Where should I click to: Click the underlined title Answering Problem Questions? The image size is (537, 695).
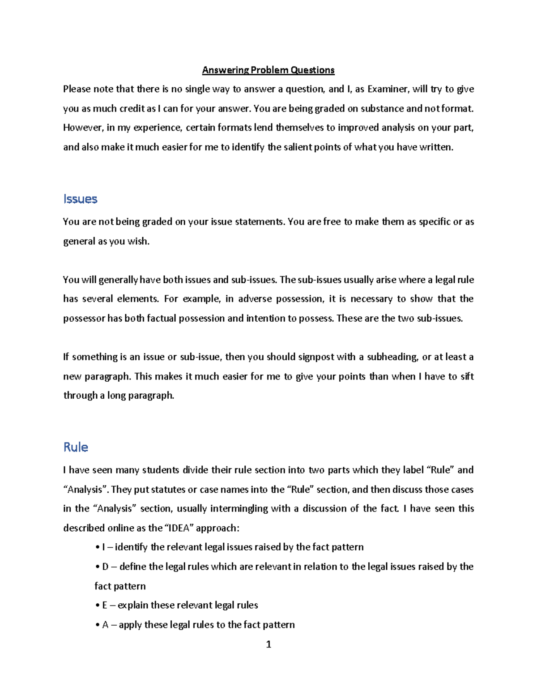268,70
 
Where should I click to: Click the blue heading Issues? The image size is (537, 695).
80,199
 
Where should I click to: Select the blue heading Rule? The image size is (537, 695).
76,447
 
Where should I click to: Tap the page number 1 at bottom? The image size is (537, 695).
268,644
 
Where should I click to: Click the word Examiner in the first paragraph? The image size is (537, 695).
388,89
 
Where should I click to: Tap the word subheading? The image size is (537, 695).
392,357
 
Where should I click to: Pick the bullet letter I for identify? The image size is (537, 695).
103,547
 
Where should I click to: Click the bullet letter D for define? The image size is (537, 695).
105,567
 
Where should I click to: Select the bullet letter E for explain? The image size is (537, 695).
105,605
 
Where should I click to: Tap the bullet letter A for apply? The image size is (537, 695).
105,625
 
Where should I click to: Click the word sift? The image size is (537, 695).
467,377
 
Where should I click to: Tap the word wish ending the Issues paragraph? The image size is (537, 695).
138,242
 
